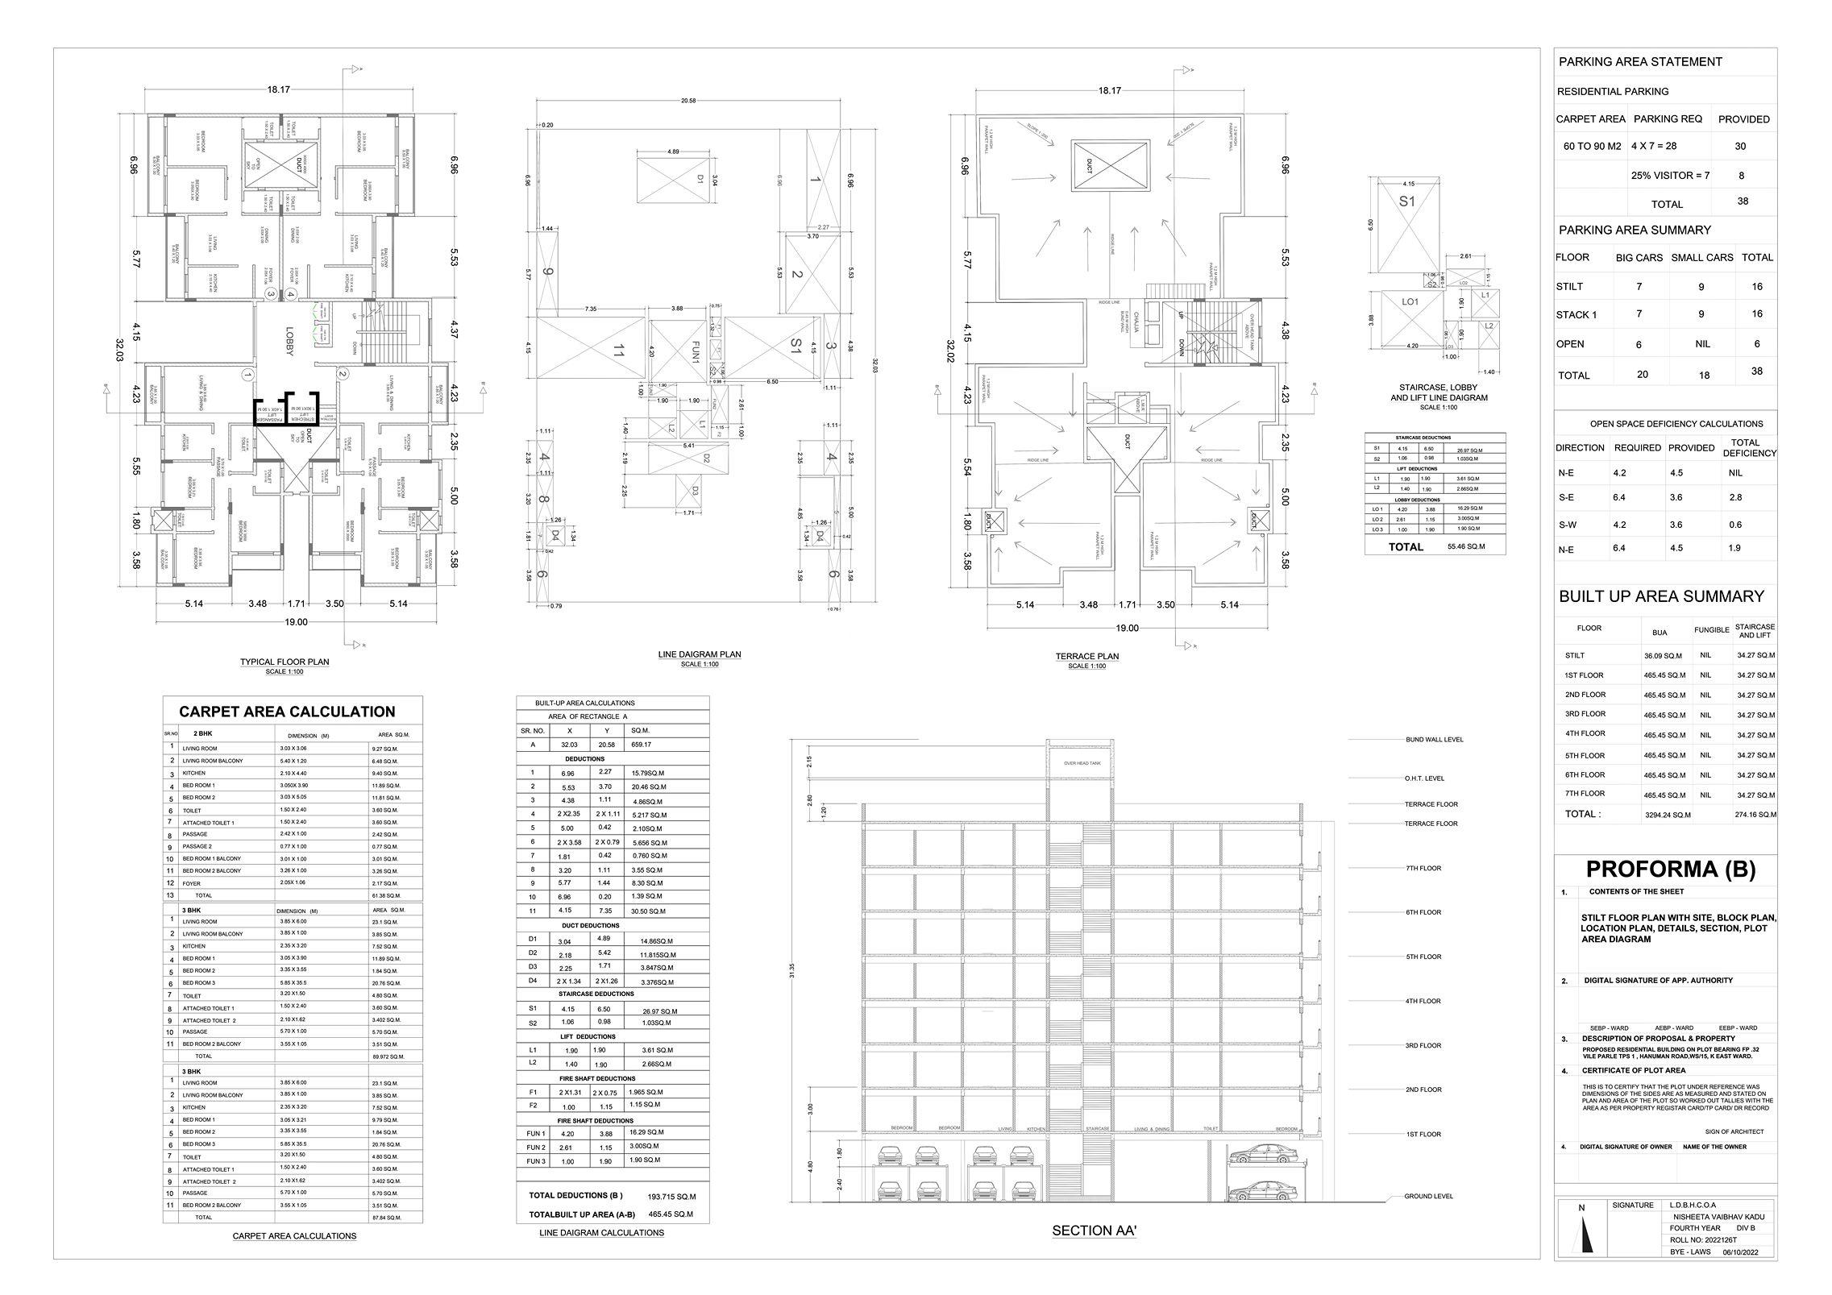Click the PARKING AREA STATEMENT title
pyautogui.click(x=1639, y=62)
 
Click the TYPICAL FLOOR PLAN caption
pyautogui.click(x=284, y=662)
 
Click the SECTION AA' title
pyautogui.click(x=1092, y=1231)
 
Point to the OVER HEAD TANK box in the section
pyautogui.click(x=1081, y=762)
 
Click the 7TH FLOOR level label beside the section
pyautogui.click(x=1423, y=869)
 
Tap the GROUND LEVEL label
pyautogui.click(x=1428, y=1196)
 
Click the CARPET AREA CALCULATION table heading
pyautogui.click(x=287, y=712)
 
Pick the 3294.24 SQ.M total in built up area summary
pyautogui.click(x=1667, y=815)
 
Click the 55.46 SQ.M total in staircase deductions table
pyautogui.click(x=1466, y=546)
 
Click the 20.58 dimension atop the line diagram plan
pyautogui.click(x=688, y=101)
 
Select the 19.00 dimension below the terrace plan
pyautogui.click(x=1127, y=628)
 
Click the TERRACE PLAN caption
pyautogui.click(x=1086, y=656)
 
